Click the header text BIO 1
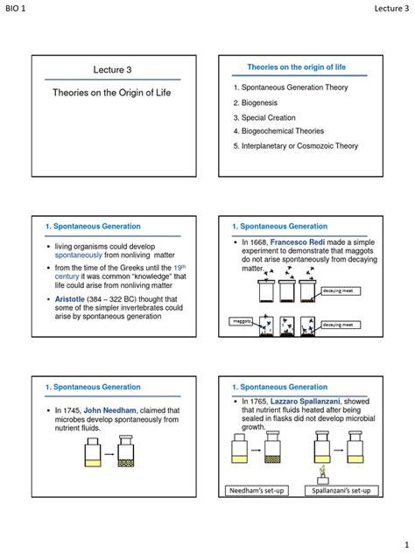point(18,8)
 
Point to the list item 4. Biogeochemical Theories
point(283,131)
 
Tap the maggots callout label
point(239,322)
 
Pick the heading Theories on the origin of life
point(295,66)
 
